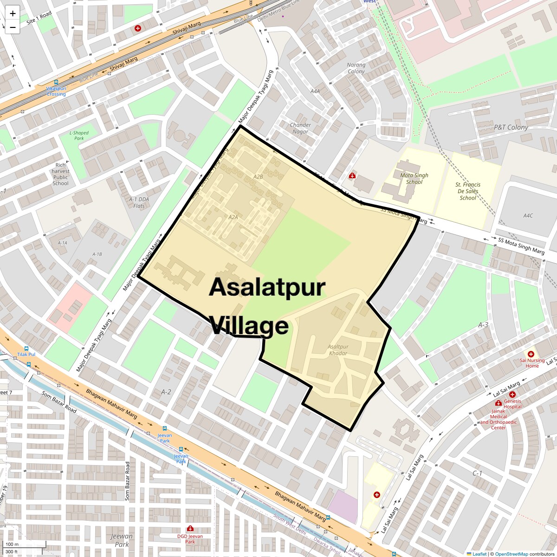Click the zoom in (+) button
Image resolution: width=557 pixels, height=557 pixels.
click(13, 13)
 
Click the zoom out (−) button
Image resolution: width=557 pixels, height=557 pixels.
click(13, 27)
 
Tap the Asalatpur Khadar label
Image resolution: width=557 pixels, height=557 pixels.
click(338, 350)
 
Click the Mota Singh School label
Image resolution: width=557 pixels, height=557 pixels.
click(414, 179)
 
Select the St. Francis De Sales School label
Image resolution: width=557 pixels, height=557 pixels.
click(468, 191)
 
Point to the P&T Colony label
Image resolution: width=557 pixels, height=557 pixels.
click(511, 127)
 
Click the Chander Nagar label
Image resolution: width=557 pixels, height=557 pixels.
click(300, 128)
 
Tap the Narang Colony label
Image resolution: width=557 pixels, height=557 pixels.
click(356, 68)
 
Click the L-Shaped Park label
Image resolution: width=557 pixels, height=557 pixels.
click(79, 136)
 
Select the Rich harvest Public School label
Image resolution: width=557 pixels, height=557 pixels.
click(60, 174)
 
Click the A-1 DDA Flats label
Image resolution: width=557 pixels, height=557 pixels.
click(139, 202)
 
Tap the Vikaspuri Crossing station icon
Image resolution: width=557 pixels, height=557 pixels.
click(56, 82)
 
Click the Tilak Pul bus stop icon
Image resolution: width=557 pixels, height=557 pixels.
click(26, 348)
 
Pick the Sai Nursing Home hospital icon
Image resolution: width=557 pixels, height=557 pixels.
click(531, 354)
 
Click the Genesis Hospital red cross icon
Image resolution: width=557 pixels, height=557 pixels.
click(512, 395)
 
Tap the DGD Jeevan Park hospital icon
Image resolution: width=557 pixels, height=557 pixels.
click(190, 529)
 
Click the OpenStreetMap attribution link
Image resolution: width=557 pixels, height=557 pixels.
click(511, 554)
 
